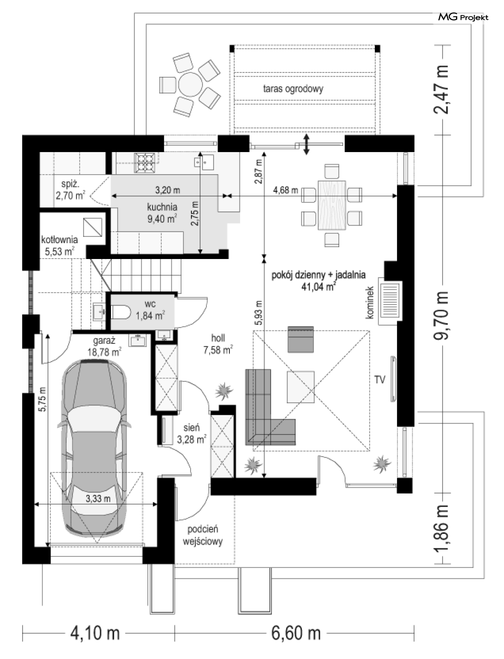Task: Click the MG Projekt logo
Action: (463, 17)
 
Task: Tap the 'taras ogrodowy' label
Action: (293, 89)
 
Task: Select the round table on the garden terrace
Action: (191, 84)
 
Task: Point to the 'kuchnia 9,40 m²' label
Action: (162, 213)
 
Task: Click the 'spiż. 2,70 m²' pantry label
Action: (70, 190)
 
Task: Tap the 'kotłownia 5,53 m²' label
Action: (60, 246)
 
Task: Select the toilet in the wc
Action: (121, 312)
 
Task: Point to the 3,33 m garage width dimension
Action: (96, 504)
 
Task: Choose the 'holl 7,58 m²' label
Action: (218, 344)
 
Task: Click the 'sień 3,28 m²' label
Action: (192, 434)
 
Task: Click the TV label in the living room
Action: (380, 380)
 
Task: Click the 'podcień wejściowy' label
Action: (203, 535)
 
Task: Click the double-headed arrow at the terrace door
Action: (306, 144)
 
